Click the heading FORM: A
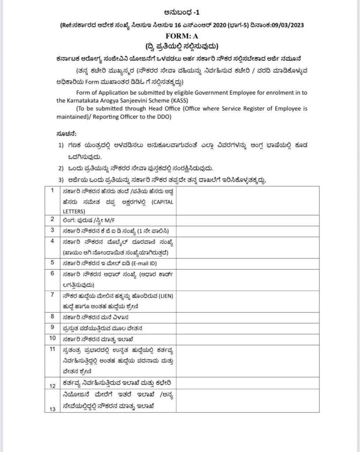(x=180, y=36)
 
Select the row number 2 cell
(x=52, y=219)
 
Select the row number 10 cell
(x=52, y=339)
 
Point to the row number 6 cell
(x=52, y=274)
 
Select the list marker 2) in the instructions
(x=62, y=168)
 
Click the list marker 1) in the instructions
(x=62, y=145)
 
